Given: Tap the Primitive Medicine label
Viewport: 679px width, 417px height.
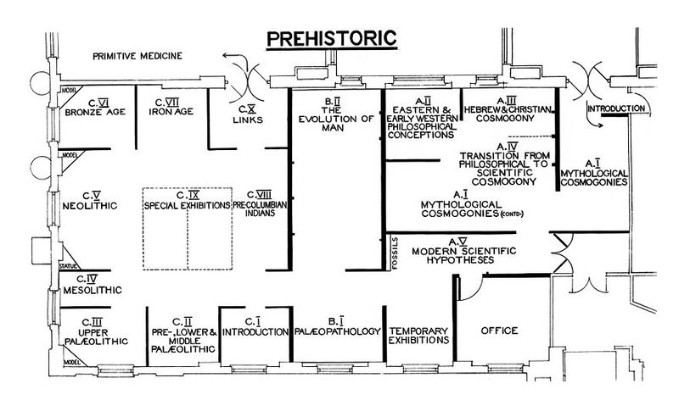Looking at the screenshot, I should pos(137,56).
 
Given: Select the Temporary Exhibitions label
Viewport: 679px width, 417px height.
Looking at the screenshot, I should pos(417,335).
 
